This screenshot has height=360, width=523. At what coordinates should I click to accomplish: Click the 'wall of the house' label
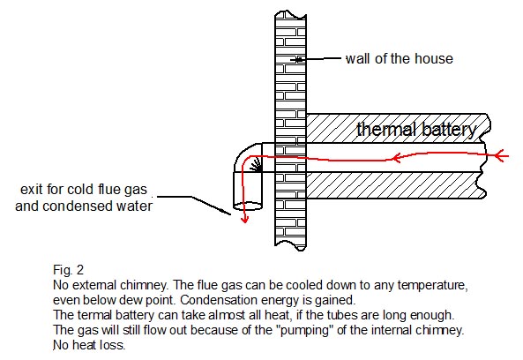point(400,59)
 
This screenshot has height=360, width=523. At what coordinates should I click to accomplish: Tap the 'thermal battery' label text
point(416,130)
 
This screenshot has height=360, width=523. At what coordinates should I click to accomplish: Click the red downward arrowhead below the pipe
point(245,220)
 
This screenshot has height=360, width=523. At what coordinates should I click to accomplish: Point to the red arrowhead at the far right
point(500,156)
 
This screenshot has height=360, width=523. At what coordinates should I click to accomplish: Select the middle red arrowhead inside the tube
point(396,158)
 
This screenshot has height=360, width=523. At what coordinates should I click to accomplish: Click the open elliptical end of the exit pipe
point(248,206)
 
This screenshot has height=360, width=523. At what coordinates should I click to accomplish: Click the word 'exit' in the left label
point(32,189)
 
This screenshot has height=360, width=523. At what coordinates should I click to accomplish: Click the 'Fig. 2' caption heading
point(69,270)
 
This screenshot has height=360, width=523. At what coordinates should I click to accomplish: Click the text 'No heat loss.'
point(89,345)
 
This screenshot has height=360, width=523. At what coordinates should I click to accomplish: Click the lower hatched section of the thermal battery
point(396,185)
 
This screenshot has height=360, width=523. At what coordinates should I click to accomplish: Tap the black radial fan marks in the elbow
point(256,165)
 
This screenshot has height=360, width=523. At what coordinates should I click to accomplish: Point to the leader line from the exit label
point(194,204)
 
